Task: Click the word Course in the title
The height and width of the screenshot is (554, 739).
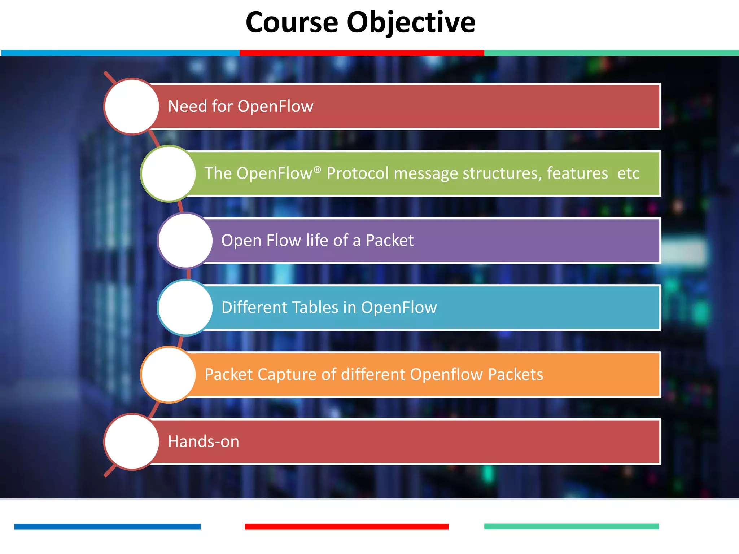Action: tap(292, 22)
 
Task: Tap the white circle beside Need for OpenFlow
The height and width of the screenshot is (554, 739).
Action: tap(132, 106)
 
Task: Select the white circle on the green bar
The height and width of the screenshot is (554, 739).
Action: tap(169, 173)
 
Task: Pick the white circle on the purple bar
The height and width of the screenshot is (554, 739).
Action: tap(185, 241)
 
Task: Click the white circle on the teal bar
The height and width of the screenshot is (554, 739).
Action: tap(185, 308)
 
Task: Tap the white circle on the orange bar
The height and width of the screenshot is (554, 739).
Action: tap(169, 375)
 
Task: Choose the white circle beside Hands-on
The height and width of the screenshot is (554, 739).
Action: tap(132, 442)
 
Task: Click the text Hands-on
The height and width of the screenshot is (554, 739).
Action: tap(204, 442)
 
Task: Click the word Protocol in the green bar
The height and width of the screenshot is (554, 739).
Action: tap(358, 173)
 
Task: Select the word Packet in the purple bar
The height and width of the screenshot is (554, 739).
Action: tap(390, 241)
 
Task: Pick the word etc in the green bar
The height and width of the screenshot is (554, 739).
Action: tap(628, 173)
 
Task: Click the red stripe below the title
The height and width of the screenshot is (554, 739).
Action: tap(362, 53)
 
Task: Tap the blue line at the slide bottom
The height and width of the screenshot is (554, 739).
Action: tap(108, 527)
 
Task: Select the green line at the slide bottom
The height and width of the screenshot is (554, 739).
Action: tap(571, 527)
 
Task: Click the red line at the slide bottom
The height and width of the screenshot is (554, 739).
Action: tap(346, 527)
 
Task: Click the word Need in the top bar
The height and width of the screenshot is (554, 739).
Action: tap(187, 106)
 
